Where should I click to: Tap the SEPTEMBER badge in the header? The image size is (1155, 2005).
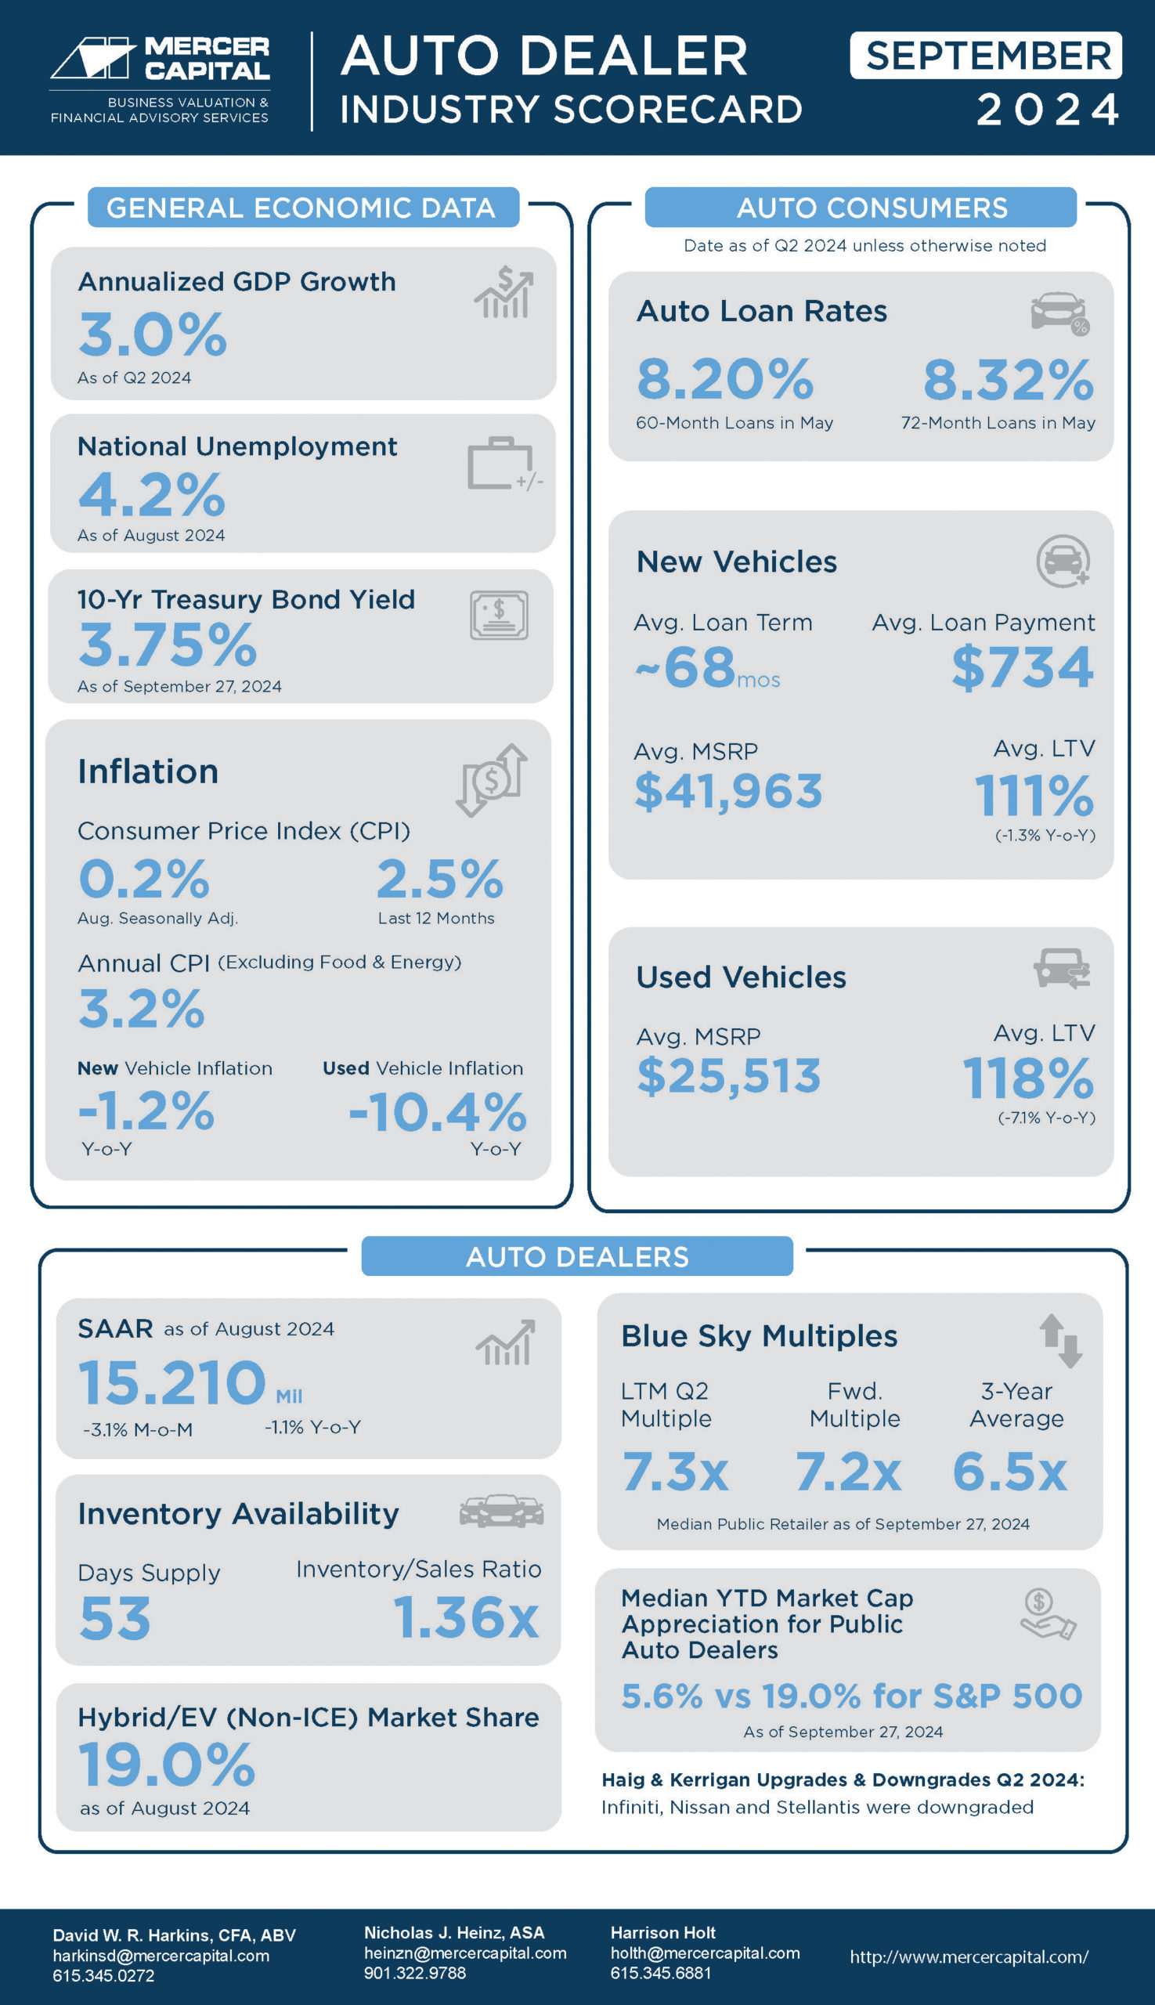coord(985,56)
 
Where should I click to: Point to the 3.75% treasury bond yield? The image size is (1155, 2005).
coord(168,645)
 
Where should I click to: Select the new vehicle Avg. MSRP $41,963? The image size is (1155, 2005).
coord(728,791)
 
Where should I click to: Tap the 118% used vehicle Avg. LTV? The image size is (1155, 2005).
coord(1027,1078)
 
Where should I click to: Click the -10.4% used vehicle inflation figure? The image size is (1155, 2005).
coord(437,1111)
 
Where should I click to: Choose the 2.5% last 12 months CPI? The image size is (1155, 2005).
coord(439,879)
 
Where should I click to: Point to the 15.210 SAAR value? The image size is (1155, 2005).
coord(172,1382)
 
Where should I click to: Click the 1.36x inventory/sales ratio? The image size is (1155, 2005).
coord(466,1617)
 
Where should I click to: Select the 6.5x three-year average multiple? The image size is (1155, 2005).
coord(1009,1472)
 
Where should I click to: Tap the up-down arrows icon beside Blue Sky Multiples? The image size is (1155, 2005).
coord(1059,1341)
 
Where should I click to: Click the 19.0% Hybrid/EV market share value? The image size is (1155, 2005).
coord(167,1765)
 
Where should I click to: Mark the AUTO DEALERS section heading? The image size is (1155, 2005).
coord(576,1257)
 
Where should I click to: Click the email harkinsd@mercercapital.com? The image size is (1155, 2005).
coord(161,1956)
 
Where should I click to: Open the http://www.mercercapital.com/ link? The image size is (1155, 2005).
coord(969,1956)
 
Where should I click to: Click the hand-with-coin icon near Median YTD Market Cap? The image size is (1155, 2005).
coord(1046,1615)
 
